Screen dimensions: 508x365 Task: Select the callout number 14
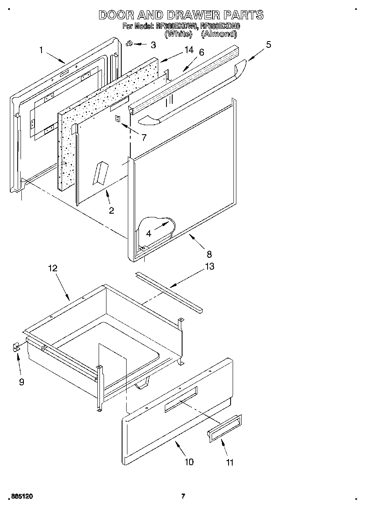coord(188,50)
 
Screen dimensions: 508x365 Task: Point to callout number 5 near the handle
coord(268,44)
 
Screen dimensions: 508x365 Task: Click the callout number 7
coord(144,137)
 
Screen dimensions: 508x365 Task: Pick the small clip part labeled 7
coord(118,119)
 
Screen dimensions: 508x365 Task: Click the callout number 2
coord(111,210)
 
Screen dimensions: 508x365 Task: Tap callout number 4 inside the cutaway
coord(149,233)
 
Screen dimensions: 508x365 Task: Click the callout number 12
coord(52,268)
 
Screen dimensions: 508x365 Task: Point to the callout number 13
coord(209,266)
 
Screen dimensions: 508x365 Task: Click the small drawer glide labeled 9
coord(16,348)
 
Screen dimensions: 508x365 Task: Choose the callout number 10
coord(189,462)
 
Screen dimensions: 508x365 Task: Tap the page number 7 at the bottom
coord(183,496)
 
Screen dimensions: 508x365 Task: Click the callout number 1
coord(41,50)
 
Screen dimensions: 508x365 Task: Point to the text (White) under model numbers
coord(178,34)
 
